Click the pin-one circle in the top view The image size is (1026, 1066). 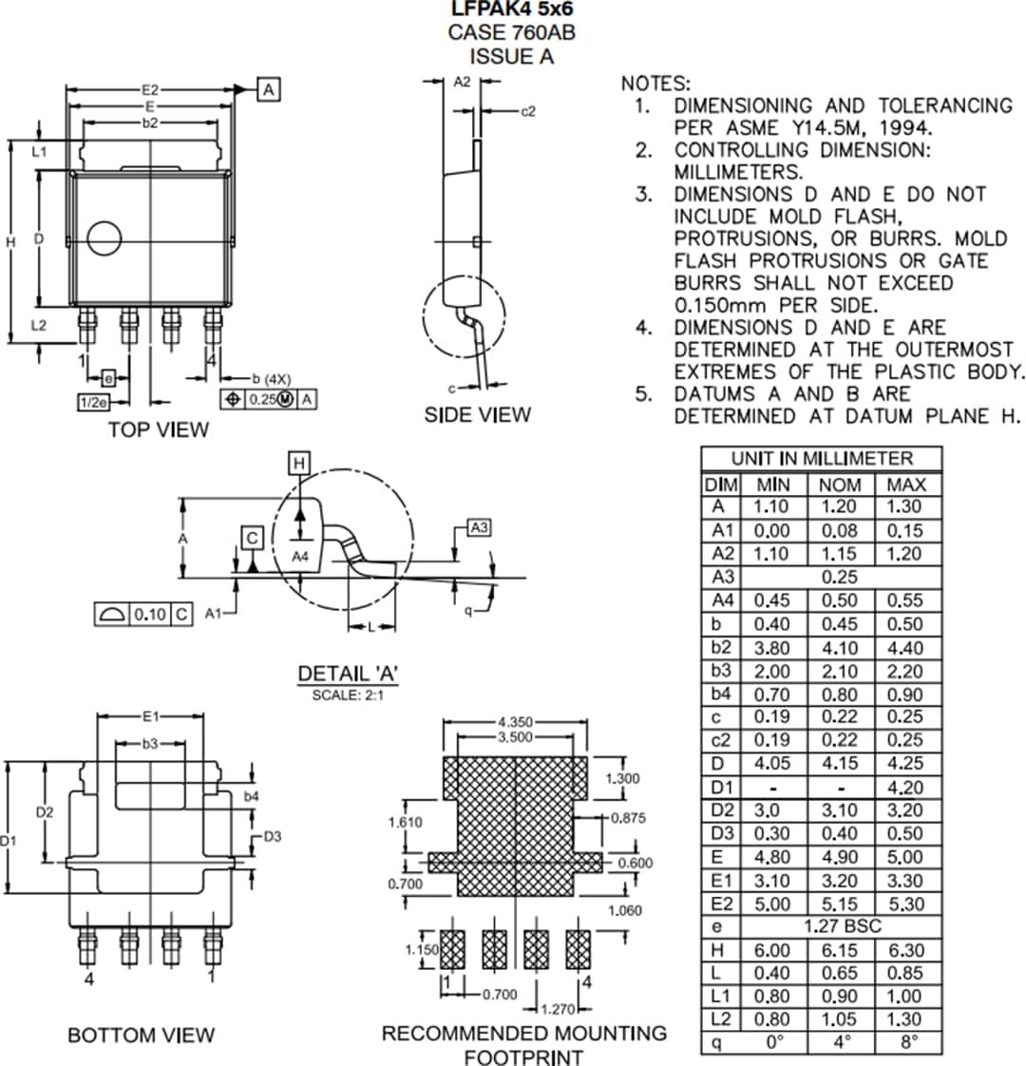(x=104, y=238)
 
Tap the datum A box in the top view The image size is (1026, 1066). (x=269, y=89)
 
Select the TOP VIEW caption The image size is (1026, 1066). (x=158, y=429)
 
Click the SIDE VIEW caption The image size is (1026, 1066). (x=477, y=414)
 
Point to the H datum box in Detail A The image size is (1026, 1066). (x=299, y=463)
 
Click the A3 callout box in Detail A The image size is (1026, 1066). (x=480, y=527)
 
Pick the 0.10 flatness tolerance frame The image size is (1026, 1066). (x=143, y=614)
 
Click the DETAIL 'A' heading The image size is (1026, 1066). (x=348, y=674)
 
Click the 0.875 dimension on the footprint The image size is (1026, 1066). (x=627, y=816)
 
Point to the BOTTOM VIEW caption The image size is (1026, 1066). (x=141, y=1035)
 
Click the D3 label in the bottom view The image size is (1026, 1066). (x=272, y=836)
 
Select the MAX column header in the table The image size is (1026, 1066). (x=906, y=484)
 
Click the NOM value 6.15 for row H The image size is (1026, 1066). (x=838, y=949)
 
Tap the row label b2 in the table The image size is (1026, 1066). (x=720, y=647)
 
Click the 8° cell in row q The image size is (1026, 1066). (x=907, y=1042)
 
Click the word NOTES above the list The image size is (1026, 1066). (x=655, y=84)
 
